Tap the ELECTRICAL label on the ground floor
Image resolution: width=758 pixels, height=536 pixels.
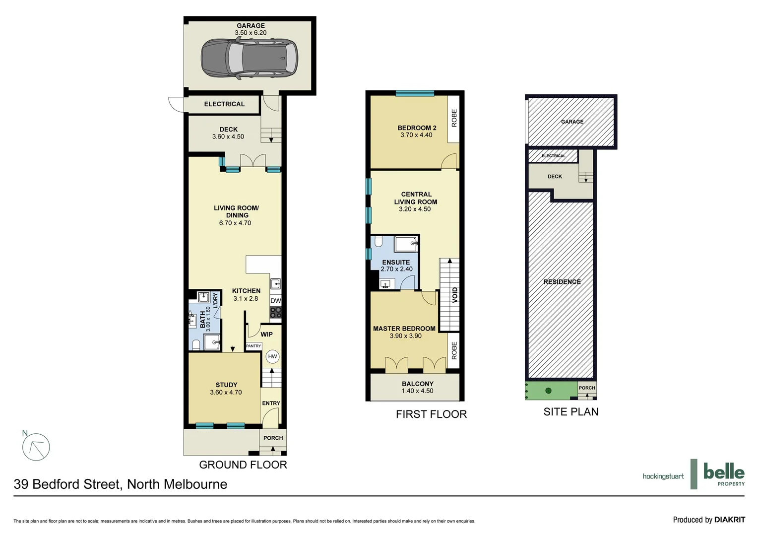coord(224,104)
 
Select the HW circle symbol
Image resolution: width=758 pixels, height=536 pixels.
coord(272,356)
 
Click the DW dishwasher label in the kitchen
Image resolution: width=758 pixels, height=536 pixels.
coord(276,301)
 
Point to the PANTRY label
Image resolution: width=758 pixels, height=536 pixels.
coord(253,346)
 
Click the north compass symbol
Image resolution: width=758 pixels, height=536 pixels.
coord(36,447)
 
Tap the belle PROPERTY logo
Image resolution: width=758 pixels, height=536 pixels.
coord(724,474)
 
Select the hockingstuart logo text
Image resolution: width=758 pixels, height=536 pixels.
coord(663,476)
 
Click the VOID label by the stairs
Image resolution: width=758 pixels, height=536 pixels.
coord(455,295)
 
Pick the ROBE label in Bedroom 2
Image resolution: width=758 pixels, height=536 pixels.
coord(454,118)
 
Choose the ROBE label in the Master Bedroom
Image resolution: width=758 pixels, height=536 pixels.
coord(454,350)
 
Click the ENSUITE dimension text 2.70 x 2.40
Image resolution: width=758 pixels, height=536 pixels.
coord(396,269)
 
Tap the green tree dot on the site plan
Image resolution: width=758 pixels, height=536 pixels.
coord(548,391)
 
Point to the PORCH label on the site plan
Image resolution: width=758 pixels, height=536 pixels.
coord(587,388)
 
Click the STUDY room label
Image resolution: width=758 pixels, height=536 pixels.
coord(226,385)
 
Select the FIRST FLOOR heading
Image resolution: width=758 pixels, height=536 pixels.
coord(431,414)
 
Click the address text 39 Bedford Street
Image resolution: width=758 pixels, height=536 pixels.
coord(121,484)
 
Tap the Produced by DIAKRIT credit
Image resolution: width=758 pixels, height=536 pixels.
coord(709,520)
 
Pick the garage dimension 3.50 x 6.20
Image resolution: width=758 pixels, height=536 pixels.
coord(251,33)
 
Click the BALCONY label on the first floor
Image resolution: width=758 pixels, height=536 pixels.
coord(418,384)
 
